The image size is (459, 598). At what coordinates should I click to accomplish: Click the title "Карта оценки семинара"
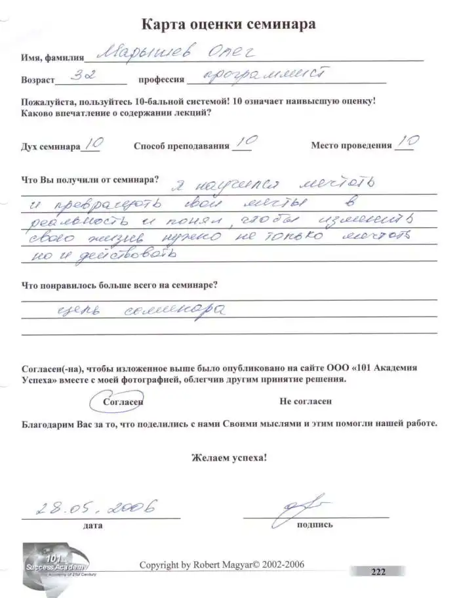coord(229,26)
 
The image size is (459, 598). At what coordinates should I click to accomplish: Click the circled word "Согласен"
coord(123,400)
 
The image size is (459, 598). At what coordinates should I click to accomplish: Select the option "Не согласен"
coord(306,400)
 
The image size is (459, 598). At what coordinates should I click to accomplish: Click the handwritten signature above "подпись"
coord(298,508)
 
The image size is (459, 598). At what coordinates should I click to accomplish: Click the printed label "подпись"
coord(315,525)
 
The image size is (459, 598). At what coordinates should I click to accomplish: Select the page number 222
coord(378,571)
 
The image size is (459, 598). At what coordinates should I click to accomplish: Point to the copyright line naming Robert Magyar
coord(222,565)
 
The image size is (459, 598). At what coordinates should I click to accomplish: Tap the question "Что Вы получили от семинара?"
coord(90,179)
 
